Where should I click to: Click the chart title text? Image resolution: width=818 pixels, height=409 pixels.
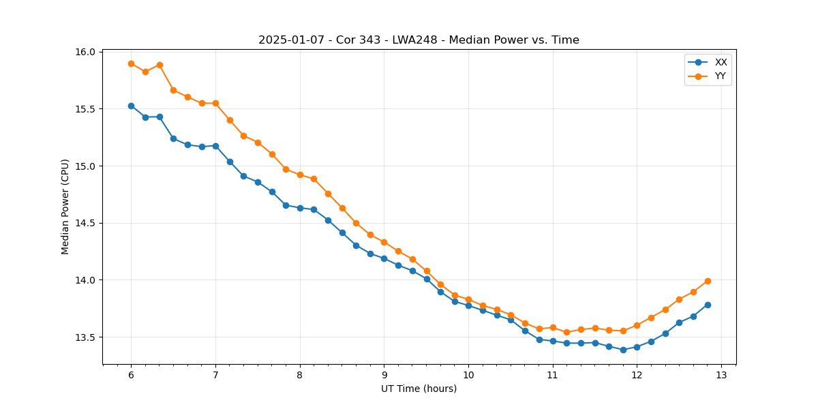click(x=419, y=40)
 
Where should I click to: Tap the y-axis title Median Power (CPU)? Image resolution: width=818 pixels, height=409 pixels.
click(x=65, y=207)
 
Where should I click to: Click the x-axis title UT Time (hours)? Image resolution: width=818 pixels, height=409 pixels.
click(x=419, y=389)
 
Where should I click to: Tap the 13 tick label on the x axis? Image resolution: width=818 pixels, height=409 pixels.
click(x=721, y=376)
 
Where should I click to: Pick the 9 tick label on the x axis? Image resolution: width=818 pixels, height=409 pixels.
click(x=384, y=376)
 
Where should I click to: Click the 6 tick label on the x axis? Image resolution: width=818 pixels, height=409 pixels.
click(x=131, y=376)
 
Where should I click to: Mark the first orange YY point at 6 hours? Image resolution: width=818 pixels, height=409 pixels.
click(x=131, y=63)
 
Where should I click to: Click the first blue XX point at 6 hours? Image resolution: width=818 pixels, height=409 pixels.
click(x=131, y=106)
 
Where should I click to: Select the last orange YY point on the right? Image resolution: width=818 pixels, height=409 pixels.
click(x=708, y=281)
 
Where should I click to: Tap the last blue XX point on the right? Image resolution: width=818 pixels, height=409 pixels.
click(x=708, y=305)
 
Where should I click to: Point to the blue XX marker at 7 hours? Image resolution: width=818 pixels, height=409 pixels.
click(x=215, y=146)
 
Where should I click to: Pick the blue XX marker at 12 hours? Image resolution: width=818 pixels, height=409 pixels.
click(x=637, y=347)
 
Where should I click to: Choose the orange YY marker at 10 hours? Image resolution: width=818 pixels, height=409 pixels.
click(x=468, y=299)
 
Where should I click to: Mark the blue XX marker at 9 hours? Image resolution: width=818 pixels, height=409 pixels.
click(x=384, y=258)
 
